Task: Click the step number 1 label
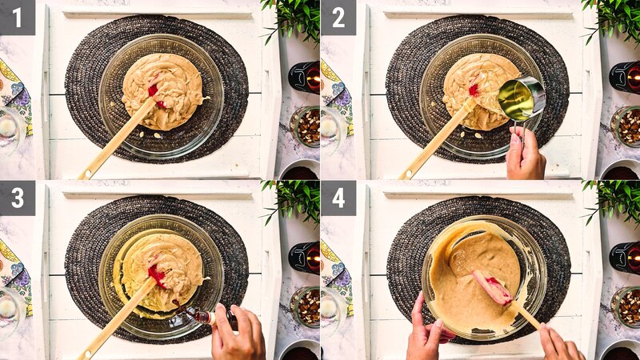17,17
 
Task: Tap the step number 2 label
338,17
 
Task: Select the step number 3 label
17,198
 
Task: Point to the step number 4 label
338,198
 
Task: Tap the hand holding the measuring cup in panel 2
525,152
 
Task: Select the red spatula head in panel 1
154,93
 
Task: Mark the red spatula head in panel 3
156,275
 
